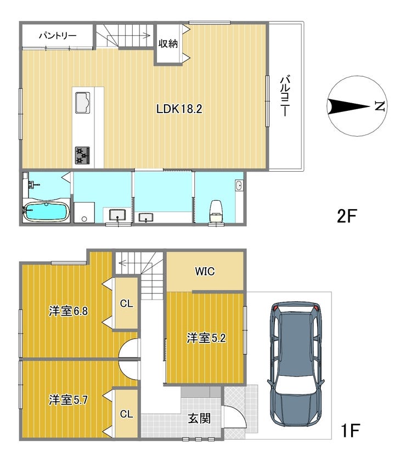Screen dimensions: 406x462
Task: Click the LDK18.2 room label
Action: click(179, 109)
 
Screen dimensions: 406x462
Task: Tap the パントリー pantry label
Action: click(58, 36)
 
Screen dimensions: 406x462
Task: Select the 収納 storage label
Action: click(168, 43)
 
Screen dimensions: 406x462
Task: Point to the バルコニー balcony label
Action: click(285, 96)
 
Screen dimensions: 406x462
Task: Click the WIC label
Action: click(205, 272)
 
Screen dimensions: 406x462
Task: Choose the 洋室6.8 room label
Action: click(69, 311)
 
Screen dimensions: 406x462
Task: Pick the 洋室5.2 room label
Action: click(206, 338)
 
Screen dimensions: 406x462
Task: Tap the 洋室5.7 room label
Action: click(69, 400)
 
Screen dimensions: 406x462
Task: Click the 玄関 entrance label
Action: click(199, 418)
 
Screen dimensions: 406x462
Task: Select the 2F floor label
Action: click(347, 216)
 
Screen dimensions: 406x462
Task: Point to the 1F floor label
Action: click(351, 431)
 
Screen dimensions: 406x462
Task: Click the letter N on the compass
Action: click(380, 106)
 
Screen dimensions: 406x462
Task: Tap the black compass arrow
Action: click(348, 106)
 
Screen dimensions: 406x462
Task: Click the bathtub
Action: click(47, 212)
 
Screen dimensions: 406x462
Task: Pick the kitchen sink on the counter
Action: click(82, 103)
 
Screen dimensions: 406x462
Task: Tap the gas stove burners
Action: click(82, 155)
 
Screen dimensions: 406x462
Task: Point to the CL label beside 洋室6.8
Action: click(126, 303)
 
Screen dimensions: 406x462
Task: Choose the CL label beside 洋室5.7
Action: click(126, 414)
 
